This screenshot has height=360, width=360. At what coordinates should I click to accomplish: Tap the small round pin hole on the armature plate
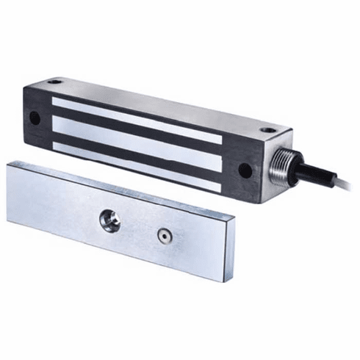point(163,239)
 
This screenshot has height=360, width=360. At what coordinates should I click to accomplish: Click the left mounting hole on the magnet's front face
point(34,115)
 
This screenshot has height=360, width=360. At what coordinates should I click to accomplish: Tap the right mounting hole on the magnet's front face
point(245,170)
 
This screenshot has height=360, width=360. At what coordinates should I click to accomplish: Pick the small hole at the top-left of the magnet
point(54,81)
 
